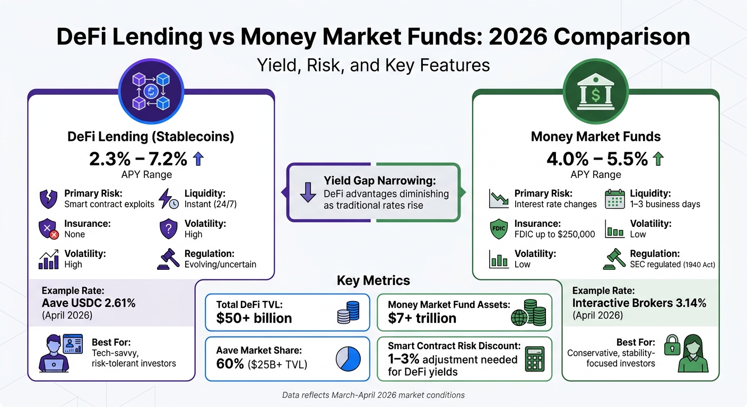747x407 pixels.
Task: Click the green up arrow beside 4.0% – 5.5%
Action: (x=658, y=158)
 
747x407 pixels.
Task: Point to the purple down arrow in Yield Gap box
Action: (x=308, y=192)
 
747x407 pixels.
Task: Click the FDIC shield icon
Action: (x=499, y=229)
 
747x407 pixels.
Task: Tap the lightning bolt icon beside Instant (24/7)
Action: (x=168, y=198)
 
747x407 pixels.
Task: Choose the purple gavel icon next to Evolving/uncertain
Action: (x=168, y=258)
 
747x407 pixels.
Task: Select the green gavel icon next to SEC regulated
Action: (x=614, y=259)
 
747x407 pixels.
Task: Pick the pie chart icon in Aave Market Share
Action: (x=348, y=359)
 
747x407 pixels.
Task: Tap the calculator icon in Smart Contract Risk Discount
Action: (x=534, y=359)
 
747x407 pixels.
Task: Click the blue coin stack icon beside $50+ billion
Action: (x=348, y=312)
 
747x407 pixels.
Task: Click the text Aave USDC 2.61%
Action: (x=89, y=303)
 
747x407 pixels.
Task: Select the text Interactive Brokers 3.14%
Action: (x=639, y=303)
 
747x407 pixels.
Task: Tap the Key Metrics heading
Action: (x=373, y=281)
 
